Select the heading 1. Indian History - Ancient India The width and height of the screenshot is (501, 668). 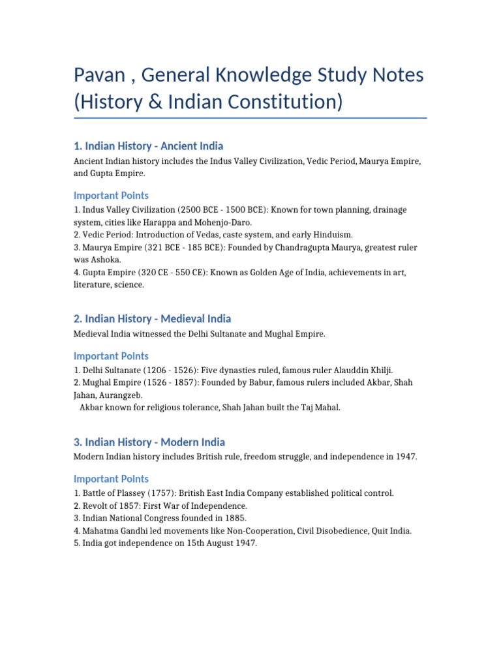[x=148, y=146]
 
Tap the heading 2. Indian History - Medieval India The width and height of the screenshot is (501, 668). [x=152, y=318]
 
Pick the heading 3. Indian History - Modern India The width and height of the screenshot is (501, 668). [x=149, y=442]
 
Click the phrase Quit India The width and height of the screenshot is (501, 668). [x=389, y=530]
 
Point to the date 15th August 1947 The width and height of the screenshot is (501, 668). [x=219, y=543]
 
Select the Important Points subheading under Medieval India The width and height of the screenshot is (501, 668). [x=111, y=356]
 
